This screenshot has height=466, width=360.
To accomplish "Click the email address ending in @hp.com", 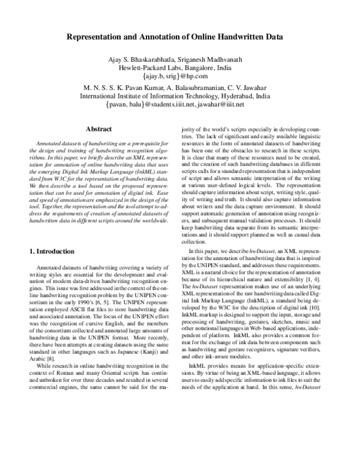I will click(x=184, y=76).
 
